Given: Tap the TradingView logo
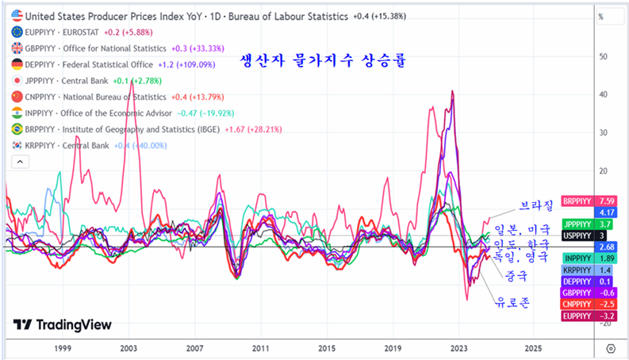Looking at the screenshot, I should pyautogui.click(x=63, y=325).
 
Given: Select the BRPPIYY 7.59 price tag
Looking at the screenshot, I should pyautogui.click(x=586, y=201).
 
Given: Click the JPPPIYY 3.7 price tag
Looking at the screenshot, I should pyautogui.click(x=586, y=224).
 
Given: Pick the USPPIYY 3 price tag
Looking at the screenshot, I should pyautogui.click(x=586, y=236).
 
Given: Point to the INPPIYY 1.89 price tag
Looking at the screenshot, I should pyautogui.click(x=586, y=259).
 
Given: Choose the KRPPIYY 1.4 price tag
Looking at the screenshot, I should pyautogui.click(x=586, y=270).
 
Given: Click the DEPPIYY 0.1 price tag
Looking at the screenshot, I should pyautogui.click(x=586, y=281).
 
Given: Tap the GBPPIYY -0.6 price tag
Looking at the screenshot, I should pyautogui.click(x=586, y=293).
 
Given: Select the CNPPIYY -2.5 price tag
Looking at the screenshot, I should pyautogui.click(x=586, y=304).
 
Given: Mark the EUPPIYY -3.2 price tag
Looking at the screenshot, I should pyautogui.click(x=586, y=316).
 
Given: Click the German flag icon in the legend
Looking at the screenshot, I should pyautogui.click(x=17, y=64).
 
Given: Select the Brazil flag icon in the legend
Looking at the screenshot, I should pyautogui.click(x=17, y=128).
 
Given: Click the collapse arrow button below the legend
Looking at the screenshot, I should pyautogui.click(x=17, y=162).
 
